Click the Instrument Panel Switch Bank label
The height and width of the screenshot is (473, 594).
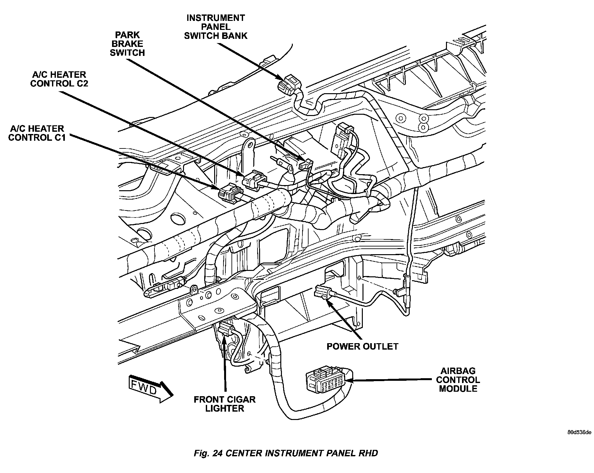(x=215, y=27)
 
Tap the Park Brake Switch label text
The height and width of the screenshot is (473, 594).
(x=127, y=44)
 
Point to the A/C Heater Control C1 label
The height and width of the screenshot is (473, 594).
(x=37, y=133)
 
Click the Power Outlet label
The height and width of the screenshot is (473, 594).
(x=362, y=346)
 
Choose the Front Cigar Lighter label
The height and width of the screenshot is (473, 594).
(x=224, y=404)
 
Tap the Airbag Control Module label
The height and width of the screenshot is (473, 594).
(x=458, y=380)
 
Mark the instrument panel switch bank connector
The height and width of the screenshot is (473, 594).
(x=289, y=84)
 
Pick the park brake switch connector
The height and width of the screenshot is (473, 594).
(x=305, y=165)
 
